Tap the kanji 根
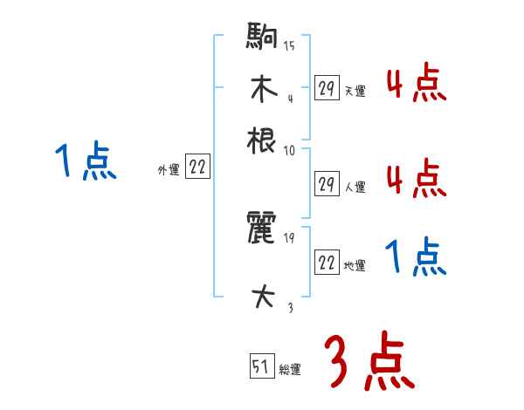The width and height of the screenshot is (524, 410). coord(261,140)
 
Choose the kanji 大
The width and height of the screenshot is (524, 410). coord(261,297)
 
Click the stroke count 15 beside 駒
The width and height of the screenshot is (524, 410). coord(289,46)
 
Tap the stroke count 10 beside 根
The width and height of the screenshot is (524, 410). coord(289,151)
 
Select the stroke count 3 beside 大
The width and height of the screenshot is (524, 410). coord(289,306)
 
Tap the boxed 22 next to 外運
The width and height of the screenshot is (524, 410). coord(198,167)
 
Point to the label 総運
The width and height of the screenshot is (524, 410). coord(290,370)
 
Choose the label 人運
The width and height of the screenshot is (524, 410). coord(355,187)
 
